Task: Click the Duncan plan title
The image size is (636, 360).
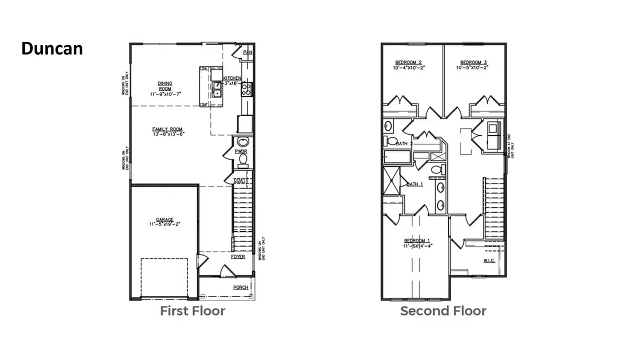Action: click(x=52, y=49)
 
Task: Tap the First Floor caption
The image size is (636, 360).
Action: click(x=192, y=311)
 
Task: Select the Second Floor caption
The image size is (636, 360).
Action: click(x=443, y=311)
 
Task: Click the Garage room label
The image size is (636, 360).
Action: click(x=165, y=219)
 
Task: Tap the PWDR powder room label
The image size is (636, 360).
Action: click(x=241, y=151)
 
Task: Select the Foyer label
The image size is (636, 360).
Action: click(x=238, y=257)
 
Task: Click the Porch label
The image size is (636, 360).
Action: click(x=241, y=287)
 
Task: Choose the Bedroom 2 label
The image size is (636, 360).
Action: click(x=408, y=62)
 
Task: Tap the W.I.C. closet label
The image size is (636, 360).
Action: click(x=489, y=260)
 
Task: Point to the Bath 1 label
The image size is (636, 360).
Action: click(x=414, y=184)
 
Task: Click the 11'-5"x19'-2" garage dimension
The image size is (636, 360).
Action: click(x=165, y=224)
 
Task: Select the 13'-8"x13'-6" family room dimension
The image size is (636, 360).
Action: click(x=167, y=134)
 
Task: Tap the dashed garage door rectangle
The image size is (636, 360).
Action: click(x=164, y=278)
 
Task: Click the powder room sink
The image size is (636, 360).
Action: click(x=243, y=142)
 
